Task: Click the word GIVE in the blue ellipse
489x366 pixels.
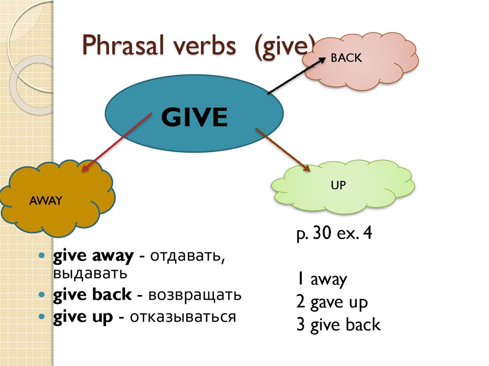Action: [194, 117]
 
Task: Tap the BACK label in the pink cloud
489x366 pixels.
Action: [346, 58]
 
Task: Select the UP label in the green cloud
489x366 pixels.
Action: [339, 185]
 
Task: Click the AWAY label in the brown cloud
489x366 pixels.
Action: [46, 200]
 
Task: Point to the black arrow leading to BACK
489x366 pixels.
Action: [297, 76]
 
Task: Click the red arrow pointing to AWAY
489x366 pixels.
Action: [117, 142]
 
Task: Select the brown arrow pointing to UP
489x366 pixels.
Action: [283, 150]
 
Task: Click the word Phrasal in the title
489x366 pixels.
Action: [124, 46]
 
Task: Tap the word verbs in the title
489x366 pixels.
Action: [204, 46]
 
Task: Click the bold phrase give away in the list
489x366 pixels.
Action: [94, 256]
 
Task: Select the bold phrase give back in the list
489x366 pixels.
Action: [93, 294]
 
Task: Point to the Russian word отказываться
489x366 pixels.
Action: [183, 317]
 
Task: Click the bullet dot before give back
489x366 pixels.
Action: [42, 294]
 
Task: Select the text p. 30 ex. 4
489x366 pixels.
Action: [334, 233]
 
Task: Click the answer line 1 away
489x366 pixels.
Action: [322, 279]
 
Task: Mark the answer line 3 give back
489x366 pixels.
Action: [339, 324]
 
